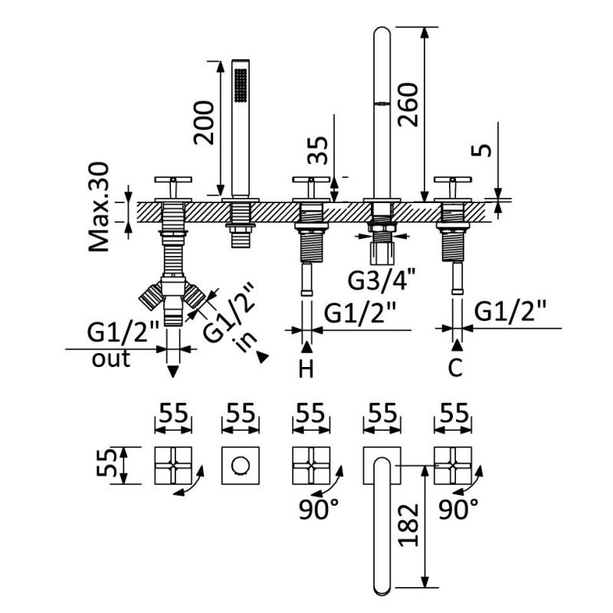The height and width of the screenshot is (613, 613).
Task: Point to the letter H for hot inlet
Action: tap(306, 369)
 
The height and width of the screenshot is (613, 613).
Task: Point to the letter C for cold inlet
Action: tap(455, 369)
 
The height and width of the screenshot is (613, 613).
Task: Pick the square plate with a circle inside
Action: tap(241, 465)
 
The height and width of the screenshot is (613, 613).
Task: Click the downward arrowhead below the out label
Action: tap(173, 372)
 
